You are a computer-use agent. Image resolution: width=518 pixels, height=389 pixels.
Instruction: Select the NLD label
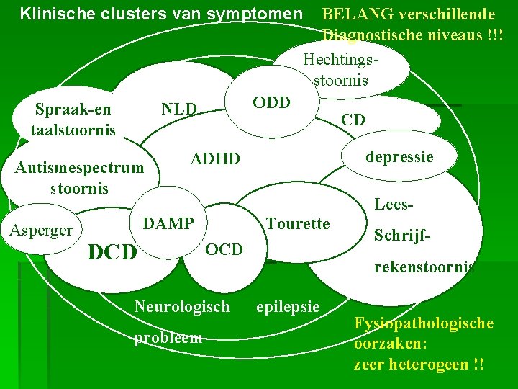click(x=179, y=109)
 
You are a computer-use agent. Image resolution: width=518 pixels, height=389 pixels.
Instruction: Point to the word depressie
click(x=399, y=156)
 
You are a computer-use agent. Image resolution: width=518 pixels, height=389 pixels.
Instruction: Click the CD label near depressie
click(x=353, y=120)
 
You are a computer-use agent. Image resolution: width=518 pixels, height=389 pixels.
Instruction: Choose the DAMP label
click(x=168, y=223)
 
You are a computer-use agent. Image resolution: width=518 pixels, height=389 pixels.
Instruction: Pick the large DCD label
click(x=112, y=252)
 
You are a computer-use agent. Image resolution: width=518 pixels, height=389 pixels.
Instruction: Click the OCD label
click(x=224, y=249)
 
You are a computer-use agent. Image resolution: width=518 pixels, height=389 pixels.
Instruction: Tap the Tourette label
click(x=298, y=223)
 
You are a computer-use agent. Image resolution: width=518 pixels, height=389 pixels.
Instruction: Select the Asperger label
click(x=41, y=231)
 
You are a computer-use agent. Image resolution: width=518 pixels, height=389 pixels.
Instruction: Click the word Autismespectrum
click(x=79, y=168)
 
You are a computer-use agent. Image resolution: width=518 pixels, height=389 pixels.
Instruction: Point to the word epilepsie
click(x=288, y=306)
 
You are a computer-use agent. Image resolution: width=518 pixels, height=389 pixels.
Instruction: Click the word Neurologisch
click(x=182, y=306)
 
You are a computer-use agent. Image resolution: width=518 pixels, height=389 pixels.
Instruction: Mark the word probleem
click(x=168, y=337)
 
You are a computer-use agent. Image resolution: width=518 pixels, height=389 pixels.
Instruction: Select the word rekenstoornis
click(x=424, y=267)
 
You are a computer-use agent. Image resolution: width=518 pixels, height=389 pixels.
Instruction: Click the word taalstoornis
click(x=73, y=130)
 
